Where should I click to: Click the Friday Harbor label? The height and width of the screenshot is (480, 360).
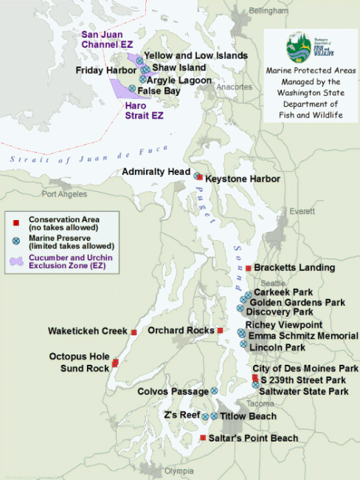[103, 70]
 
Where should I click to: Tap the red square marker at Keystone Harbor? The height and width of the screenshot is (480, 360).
[200, 177]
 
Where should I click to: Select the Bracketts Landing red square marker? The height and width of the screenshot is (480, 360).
[249, 267]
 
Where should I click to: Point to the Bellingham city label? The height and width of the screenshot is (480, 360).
[267, 12]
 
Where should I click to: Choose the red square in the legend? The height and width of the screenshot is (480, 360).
[17, 221]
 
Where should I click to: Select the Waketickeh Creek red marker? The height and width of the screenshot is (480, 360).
[134, 332]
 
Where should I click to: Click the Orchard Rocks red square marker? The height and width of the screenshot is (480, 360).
[220, 330]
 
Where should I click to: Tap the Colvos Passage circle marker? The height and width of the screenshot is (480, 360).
[214, 391]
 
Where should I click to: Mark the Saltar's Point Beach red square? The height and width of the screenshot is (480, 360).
[204, 439]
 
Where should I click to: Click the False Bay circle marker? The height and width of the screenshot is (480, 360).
[132, 89]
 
